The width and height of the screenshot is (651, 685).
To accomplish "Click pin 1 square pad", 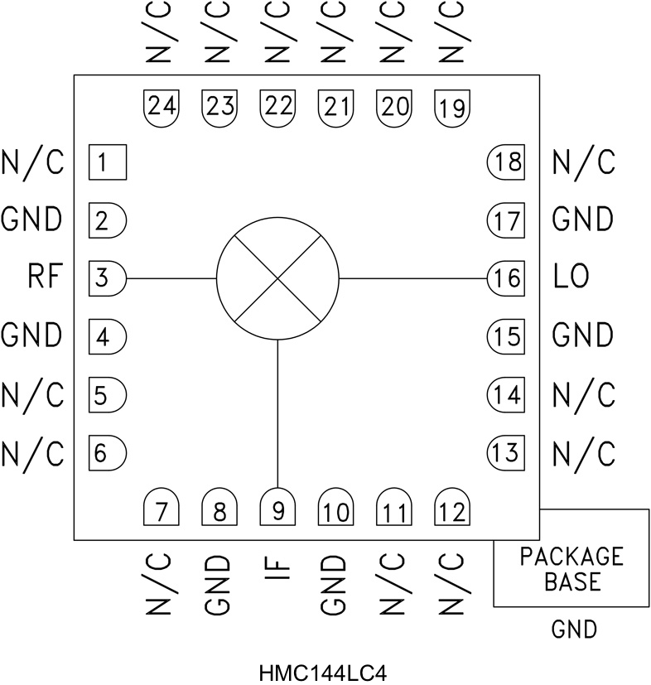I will coord(106,162).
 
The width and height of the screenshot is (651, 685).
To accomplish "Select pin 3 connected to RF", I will coord(105,278).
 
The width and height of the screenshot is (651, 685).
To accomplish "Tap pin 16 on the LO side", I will coord(505,278).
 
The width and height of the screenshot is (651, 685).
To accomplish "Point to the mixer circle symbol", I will coord(277,278).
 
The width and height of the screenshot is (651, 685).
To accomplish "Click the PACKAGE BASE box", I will coord(571,568).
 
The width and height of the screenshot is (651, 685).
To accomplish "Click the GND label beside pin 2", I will coord(31,219).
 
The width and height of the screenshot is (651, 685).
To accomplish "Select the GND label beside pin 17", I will coord(583,219).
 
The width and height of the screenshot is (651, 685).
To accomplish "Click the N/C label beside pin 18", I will coord(583,162).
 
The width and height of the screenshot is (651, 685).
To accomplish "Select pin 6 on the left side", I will coord(105,453).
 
